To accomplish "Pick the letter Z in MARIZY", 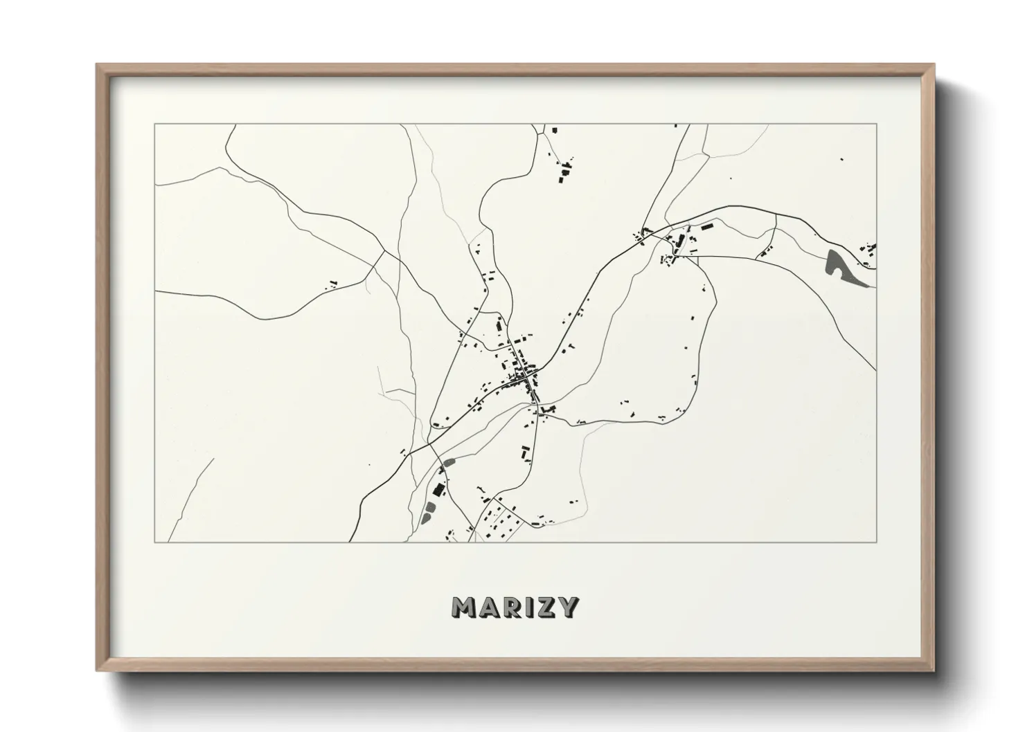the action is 545,607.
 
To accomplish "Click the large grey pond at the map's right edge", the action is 839,266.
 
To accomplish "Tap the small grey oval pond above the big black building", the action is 449,461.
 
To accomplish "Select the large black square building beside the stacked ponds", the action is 437,490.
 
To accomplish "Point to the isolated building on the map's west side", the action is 332,282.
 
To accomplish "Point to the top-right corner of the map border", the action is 877,125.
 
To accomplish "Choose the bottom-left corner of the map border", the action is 155,542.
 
